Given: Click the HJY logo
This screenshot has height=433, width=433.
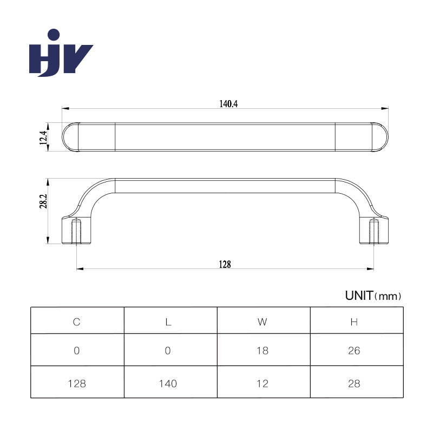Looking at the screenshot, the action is pyautogui.click(x=61, y=53).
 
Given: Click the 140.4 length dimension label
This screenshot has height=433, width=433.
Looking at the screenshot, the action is pyautogui.click(x=228, y=104).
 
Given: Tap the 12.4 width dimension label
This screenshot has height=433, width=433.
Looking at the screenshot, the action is pyautogui.click(x=43, y=137).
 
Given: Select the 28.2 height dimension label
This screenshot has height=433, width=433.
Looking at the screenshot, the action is pyautogui.click(x=43, y=201).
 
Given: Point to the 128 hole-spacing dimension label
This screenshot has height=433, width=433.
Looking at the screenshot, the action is pyautogui.click(x=225, y=264).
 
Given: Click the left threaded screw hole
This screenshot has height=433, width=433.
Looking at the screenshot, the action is pyautogui.click(x=76, y=231).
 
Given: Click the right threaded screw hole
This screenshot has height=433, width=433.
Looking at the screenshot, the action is pyautogui.click(x=373, y=231).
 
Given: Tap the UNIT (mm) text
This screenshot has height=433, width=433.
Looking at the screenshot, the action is pyautogui.click(x=373, y=296).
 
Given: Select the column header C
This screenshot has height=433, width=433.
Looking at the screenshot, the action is pyautogui.click(x=76, y=322).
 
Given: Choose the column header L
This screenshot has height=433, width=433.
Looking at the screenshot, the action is pyautogui.click(x=168, y=322).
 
